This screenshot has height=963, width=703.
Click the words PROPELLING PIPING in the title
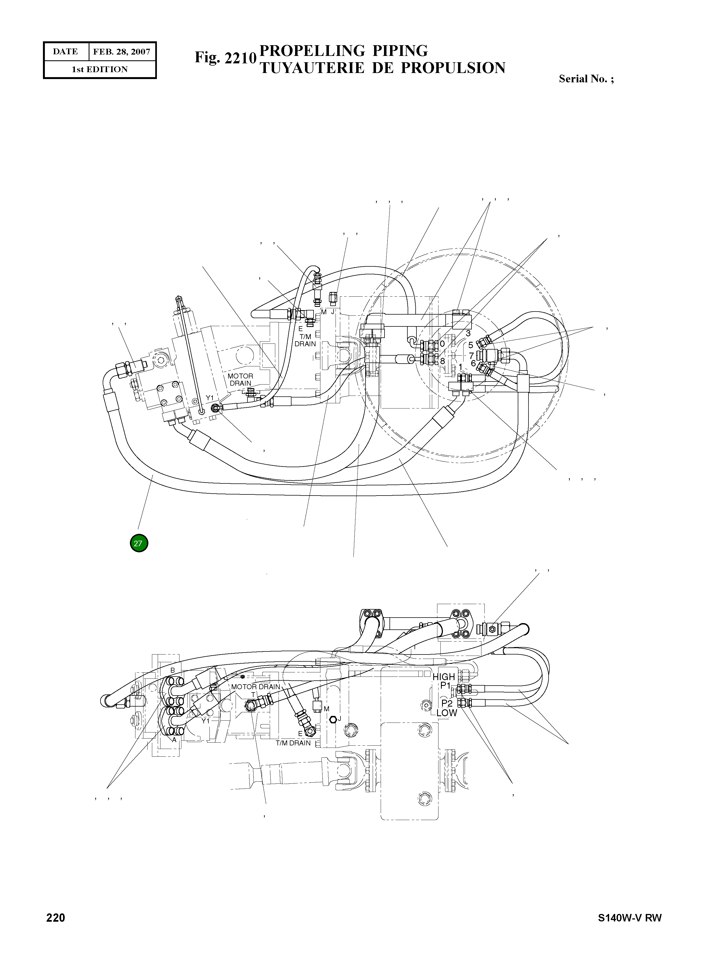tap(343, 51)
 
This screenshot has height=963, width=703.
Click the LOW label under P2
tap(446, 713)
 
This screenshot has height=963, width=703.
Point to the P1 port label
tap(445, 685)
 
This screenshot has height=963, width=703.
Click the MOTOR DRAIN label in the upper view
tap(240, 380)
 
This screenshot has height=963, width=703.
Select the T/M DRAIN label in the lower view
tap(293, 743)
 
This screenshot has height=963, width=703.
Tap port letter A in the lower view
tap(174, 740)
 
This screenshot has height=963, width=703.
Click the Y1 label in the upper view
tap(209, 398)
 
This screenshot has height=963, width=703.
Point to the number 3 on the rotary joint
tap(468, 334)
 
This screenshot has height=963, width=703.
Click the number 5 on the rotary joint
tap(471, 345)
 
